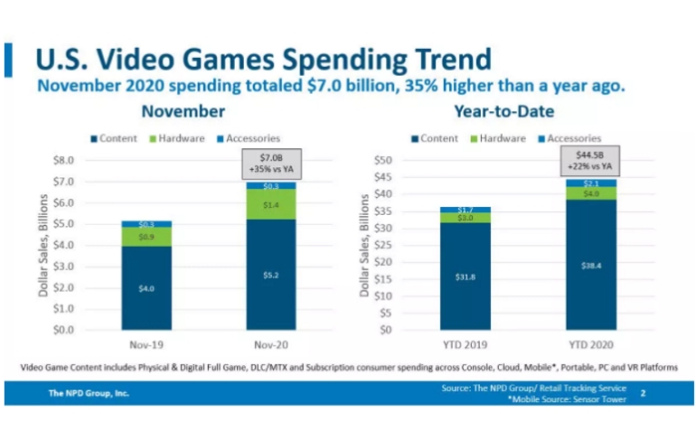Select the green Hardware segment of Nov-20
tap(271, 204)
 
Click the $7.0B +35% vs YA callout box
tap(271, 162)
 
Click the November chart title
tap(183, 111)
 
